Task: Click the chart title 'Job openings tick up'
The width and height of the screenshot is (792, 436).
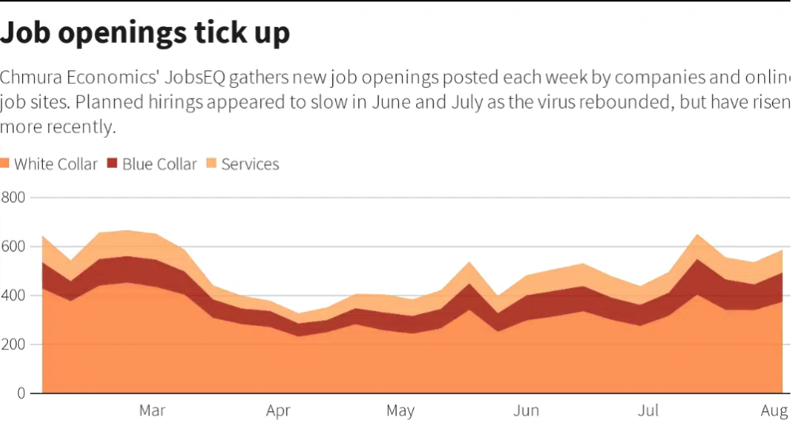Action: coord(145,33)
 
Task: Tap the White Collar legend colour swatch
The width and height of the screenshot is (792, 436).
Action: coord(6,164)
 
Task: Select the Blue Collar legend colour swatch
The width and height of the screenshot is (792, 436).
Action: coord(112,164)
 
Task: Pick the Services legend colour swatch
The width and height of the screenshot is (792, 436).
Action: coord(212,164)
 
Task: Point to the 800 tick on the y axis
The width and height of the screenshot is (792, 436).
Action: coord(13,197)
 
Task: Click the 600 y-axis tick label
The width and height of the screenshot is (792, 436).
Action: coord(13,247)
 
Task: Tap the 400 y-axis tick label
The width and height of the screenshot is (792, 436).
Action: coord(13,296)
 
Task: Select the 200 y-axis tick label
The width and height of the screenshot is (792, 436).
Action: coord(13,345)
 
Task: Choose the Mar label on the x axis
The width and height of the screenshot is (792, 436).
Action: coord(152,411)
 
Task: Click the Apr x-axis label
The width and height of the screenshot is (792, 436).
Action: coord(278,411)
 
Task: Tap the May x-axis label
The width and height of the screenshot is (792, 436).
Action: coord(400,411)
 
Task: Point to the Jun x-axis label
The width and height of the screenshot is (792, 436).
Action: coord(526,411)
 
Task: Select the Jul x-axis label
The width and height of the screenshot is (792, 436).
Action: coord(649,411)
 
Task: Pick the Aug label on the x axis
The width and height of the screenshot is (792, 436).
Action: coord(774,411)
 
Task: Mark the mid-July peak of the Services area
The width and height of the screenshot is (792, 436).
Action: coord(697,235)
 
